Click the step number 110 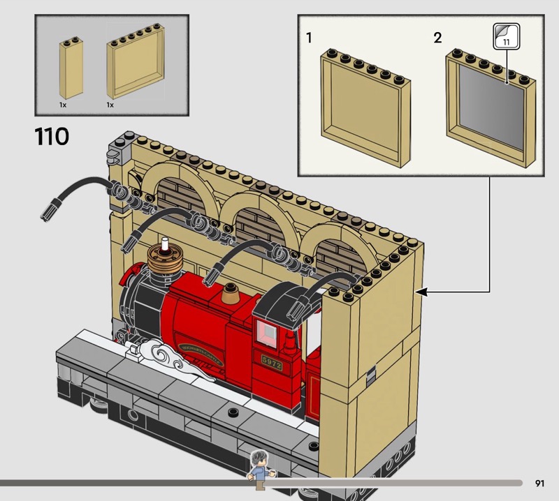coord(52,136)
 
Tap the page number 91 coord(539,483)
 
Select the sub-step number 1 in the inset coord(309,38)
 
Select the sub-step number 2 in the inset coord(437,38)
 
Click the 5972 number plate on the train coord(271,362)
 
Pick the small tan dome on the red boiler coord(230,299)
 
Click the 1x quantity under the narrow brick coord(63,104)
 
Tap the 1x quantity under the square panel coord(110,104)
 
